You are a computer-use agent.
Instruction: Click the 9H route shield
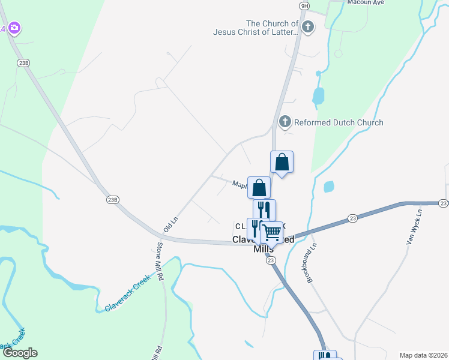point(304,5)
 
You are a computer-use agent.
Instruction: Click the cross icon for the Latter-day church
point(308,26)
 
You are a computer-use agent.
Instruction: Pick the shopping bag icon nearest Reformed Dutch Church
point(282,163)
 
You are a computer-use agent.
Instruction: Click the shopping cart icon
point(272,231)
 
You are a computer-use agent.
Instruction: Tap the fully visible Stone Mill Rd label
point(160,262)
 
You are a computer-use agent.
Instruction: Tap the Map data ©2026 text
point(424,355)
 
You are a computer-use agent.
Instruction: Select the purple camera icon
point(14,28)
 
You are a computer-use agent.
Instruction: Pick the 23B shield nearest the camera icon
point(25,62)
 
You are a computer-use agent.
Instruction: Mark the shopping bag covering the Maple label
point(259,188)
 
